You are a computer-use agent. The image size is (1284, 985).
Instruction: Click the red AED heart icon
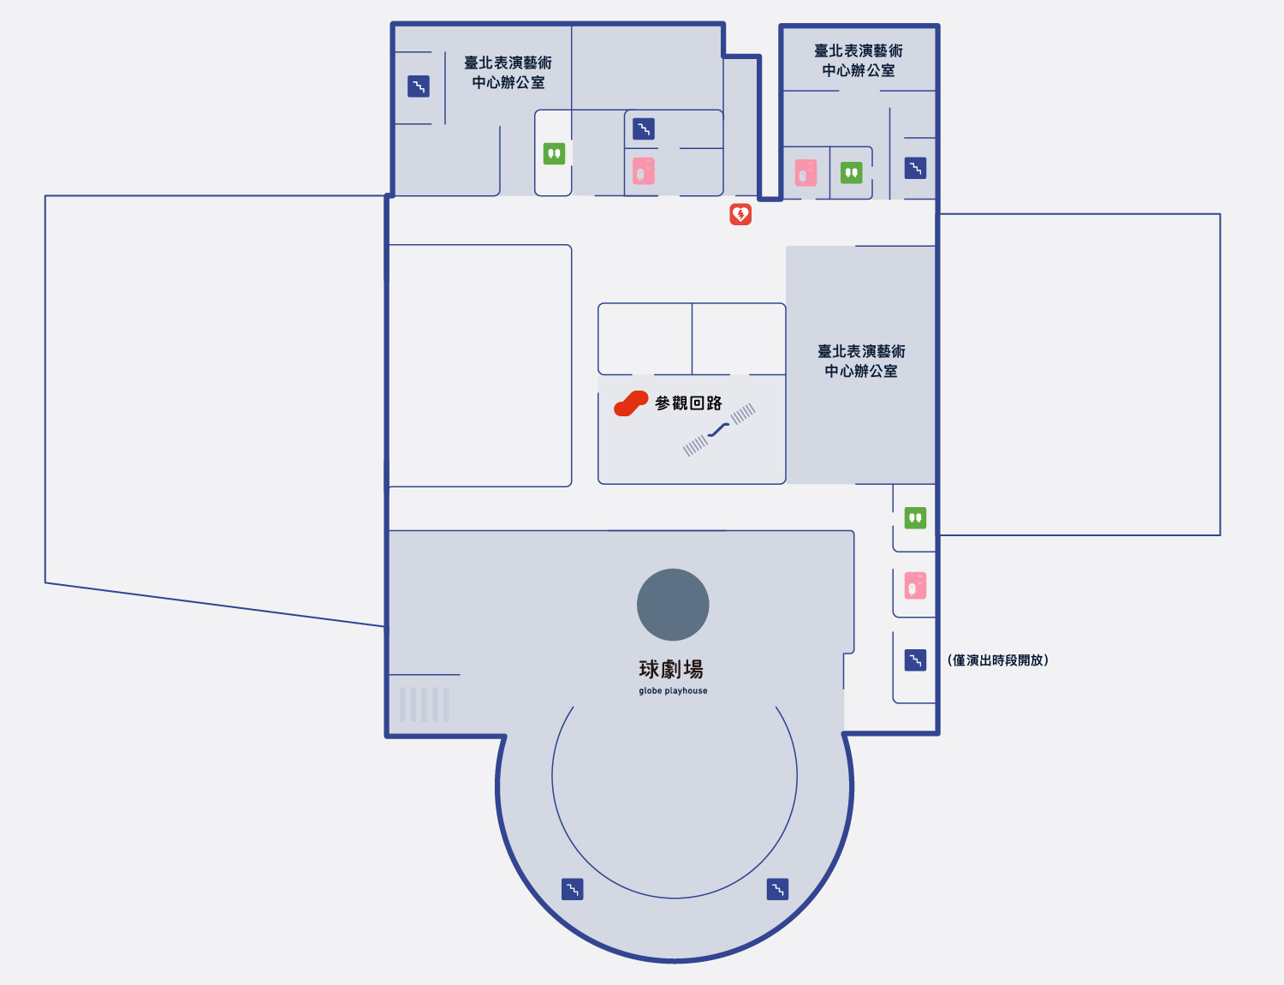pyautogui.click(x=740, y=214)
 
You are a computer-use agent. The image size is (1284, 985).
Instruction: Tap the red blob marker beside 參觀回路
pyautogui.click(x=631, y=403)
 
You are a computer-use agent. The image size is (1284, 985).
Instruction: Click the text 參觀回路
pyautogui.click(x=688, y=403)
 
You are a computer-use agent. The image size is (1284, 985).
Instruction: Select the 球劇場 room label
pyautogui.click(x=671, y=669)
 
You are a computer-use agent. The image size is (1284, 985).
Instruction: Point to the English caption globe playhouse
pyautogui.click(x=673, y=690)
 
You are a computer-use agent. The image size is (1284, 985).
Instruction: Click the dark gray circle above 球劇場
pyautogui.click(x=673, y=605)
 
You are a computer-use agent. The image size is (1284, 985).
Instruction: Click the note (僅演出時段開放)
pyautogui.click(x=998, y=660)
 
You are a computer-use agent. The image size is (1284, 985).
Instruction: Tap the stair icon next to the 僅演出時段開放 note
pyautogui.click(x=915, y=660)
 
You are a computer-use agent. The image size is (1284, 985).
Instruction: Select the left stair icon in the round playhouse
pyautogui.click(x=573, y=889)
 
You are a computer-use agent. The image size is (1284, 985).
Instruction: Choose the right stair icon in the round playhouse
pyautogui.click(x=777, y=889)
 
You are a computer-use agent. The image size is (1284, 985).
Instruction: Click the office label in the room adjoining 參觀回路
pyautogui.click(x=861, y=361)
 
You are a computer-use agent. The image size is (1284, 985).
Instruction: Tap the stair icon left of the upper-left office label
pyautogui.click(x=419, y=87)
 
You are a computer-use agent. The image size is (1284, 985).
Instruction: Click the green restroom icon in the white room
pyautogui.click(x=554, y=153)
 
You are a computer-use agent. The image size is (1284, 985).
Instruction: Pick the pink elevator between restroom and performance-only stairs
pyautogui.click(x=915, y=586)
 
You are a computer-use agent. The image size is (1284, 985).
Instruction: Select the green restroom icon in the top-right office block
pyautogui.click(x=852, y=173)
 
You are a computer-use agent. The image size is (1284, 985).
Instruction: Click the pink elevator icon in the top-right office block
pyautogui.click(x=806, y=173)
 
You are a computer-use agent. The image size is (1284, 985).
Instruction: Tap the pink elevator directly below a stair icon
pyautogui.click(x=644, y=170)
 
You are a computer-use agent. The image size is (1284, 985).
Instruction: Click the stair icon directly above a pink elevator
pyautogui.click(x=644, y=128)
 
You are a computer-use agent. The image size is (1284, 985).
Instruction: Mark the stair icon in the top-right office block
pyautogui.click(x=915, y=168)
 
